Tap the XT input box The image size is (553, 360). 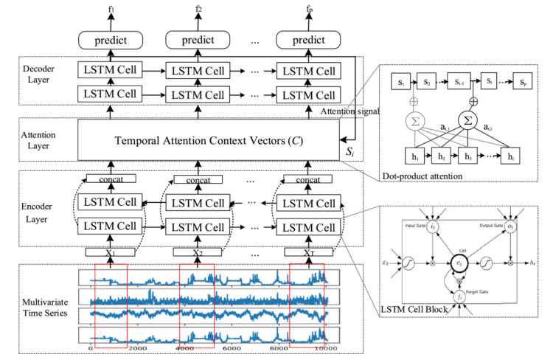(308, 252)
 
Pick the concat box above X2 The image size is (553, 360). (198, 179)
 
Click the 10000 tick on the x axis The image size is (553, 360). (324, 347)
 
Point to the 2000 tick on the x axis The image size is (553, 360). (137, 347)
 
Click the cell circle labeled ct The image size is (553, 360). (458, 260)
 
